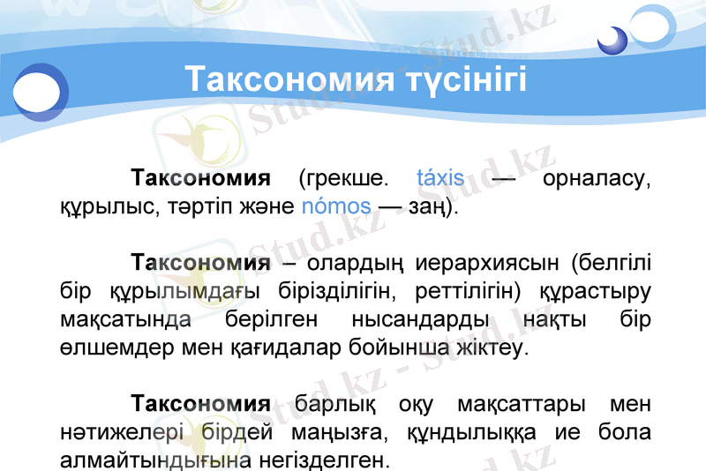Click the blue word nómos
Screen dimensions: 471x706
click(336, 208)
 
